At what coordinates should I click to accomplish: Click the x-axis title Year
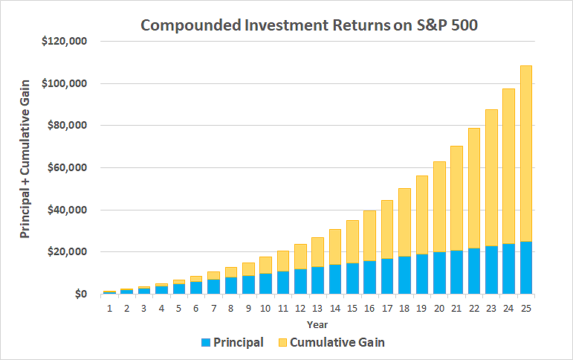tap(318, 324)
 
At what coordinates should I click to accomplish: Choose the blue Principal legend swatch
tap(206, 343)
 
